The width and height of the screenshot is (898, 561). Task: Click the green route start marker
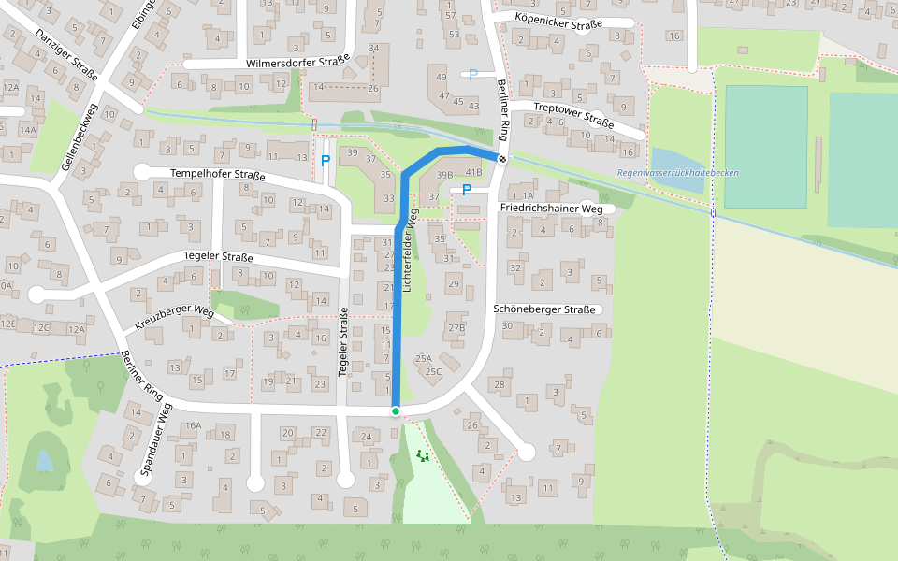click(x=396, y=411)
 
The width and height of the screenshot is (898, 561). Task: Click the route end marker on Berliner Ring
click(x=502, y=159)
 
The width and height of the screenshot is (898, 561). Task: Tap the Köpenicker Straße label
click(x=560, y=22)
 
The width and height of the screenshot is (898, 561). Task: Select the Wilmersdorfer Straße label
click(x=297, y=62)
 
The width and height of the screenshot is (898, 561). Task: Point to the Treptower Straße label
click(x=572, y=114)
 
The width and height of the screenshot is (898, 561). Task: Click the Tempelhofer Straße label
click(x=217, y=175)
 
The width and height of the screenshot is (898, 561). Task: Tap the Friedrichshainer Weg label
click(x=551, y=208)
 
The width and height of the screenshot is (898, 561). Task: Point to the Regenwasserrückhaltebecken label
click(x=678, y=174)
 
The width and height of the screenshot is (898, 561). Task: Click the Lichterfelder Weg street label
click(x=408, y=252)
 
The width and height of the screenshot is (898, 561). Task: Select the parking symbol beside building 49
click(x=472, y=75)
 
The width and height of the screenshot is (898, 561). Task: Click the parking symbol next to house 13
click(x=326, y=160)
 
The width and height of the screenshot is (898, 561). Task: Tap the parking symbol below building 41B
click(x=466, y=190)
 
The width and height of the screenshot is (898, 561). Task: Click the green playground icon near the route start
click(x=423, y=456)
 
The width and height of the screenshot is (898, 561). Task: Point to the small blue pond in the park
click(x=44, y=460)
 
